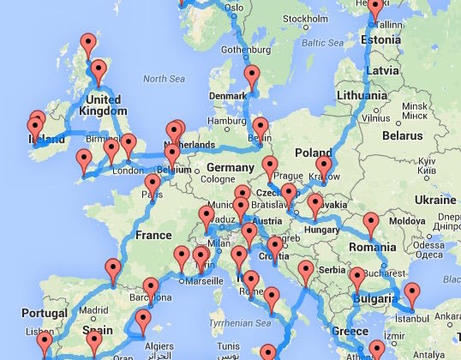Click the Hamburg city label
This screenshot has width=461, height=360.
(226, 121)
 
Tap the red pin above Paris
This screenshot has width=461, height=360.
(153, 184)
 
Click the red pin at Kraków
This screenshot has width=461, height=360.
(323, 166)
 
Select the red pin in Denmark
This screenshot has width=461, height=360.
(251, 76)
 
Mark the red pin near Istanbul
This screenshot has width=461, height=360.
(410, 294)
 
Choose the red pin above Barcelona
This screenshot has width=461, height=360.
(151, 288)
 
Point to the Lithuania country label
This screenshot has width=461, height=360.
(368, 98)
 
